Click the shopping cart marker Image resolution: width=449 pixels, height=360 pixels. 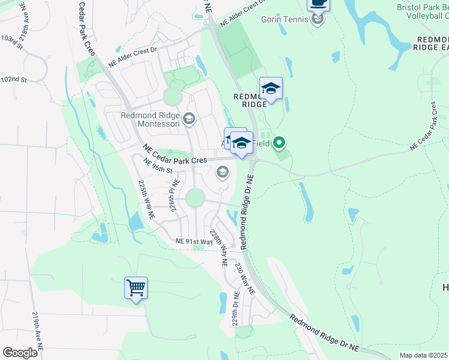tap(136, 288)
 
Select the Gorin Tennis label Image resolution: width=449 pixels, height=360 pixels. tap(285, 19)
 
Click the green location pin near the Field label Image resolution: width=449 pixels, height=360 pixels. tap(279, 143)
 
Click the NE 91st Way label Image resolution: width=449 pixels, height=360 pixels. tap(194, 241)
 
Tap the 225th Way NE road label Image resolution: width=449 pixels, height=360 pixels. tap(146, 199)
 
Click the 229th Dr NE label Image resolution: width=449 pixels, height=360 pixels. tap(236, 309)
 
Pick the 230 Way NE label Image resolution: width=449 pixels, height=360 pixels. tap(245, 278)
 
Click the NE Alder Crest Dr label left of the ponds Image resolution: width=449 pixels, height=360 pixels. tap(132, 58)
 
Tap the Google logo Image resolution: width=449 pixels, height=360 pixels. tap(20, 352)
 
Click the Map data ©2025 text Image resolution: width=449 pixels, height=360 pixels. tap(423, 355)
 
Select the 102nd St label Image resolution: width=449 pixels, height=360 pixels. tap(14, 79)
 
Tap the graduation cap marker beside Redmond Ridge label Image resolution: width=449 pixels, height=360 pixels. tap(271, 89)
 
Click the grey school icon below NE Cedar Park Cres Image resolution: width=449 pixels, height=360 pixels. tap(222, 173)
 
